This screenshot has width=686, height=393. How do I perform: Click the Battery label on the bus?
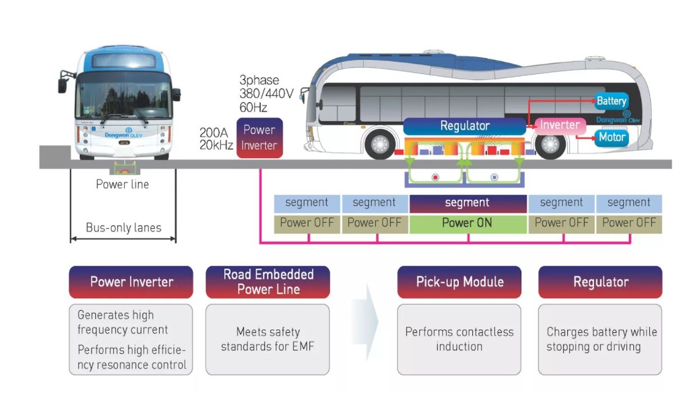coord(611,101)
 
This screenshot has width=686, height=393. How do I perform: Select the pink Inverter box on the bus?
coord(560,125)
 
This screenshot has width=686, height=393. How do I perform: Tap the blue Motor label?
coord(611,137)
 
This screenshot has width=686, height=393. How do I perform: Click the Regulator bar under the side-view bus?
coord(465,126)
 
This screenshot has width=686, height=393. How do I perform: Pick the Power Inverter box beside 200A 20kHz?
coord(259,138)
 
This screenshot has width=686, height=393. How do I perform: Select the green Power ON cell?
coord(467,223)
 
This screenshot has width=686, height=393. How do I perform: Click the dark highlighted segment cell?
coord(467,204)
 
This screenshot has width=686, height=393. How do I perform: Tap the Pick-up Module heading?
coord(460,282)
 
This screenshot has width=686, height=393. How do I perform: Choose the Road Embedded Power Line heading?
coord(268,282)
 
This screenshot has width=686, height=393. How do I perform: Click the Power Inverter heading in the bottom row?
coord(131,282)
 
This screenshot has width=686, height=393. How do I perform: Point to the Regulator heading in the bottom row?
coord(600,282)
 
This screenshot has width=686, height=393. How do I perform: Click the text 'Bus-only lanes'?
coord(123,228)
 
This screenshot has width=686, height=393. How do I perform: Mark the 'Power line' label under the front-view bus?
coord(123,184)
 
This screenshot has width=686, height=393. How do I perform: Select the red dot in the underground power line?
coord(435,177)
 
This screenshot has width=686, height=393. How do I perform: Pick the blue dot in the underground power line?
coord(494,177)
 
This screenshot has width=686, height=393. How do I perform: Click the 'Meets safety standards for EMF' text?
coord(268,339)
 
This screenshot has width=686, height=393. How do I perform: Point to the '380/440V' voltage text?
coord(266,94)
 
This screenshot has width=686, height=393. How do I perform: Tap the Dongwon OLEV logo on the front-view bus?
coord(124,133)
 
